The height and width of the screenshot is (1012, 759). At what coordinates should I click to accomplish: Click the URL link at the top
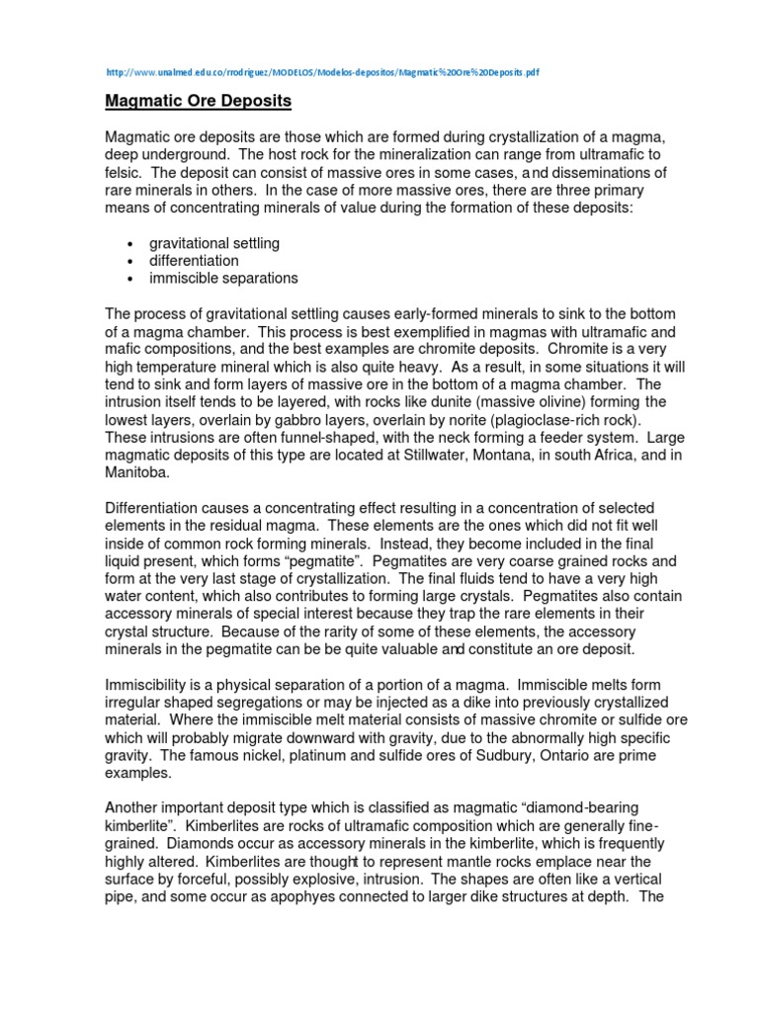coord(321,73)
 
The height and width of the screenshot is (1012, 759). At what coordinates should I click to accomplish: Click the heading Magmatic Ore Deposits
coord(199,102)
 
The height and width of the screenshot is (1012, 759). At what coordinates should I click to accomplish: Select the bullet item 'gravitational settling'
coord(214,242)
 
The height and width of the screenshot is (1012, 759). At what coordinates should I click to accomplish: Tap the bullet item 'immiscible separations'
coord(223,278)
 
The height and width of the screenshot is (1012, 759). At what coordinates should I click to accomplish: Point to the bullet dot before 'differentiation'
coord(130,261)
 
